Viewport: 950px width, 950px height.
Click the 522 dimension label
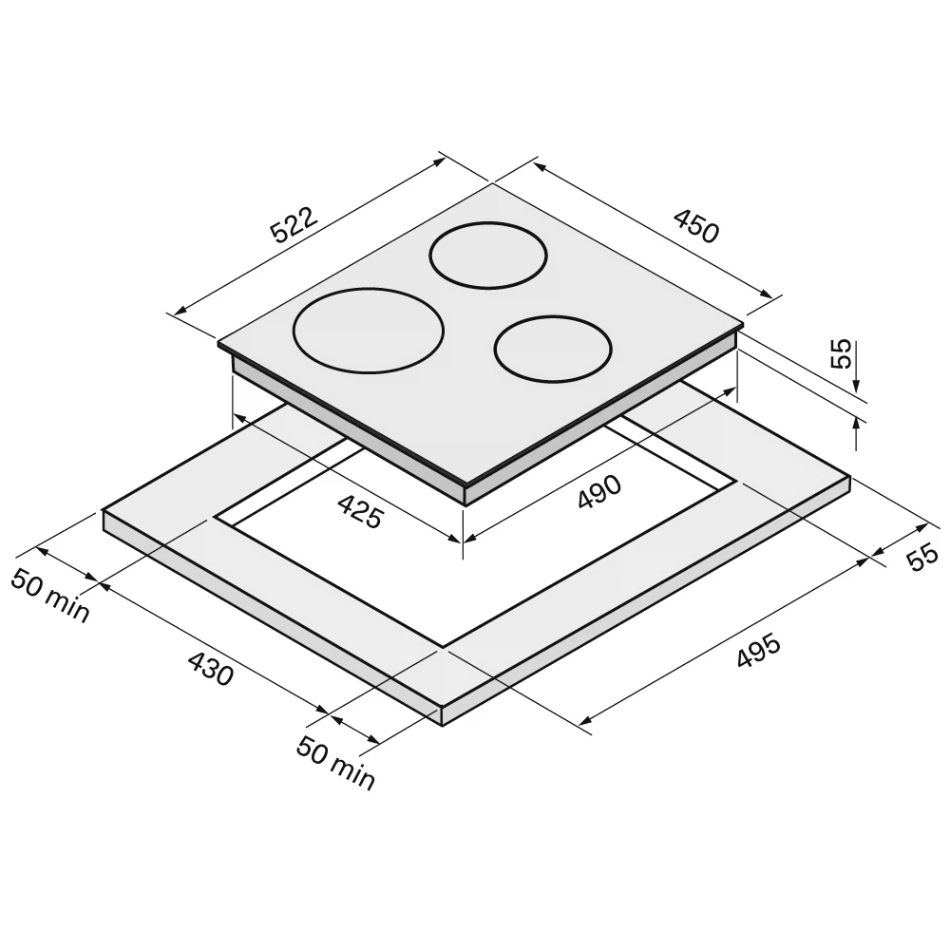(x=294, y=225)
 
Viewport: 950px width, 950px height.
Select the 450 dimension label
(x=696, y=226)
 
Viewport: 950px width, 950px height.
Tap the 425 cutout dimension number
(x=360, y=512)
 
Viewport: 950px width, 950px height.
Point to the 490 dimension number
(x=599, y=492)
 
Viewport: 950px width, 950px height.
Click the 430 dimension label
(x=211, y=668)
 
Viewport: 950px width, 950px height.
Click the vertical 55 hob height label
(x=841, y=353)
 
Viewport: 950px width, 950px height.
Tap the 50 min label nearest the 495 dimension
(x=335, y=764)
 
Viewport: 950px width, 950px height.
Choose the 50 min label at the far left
(x=50, y=596)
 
